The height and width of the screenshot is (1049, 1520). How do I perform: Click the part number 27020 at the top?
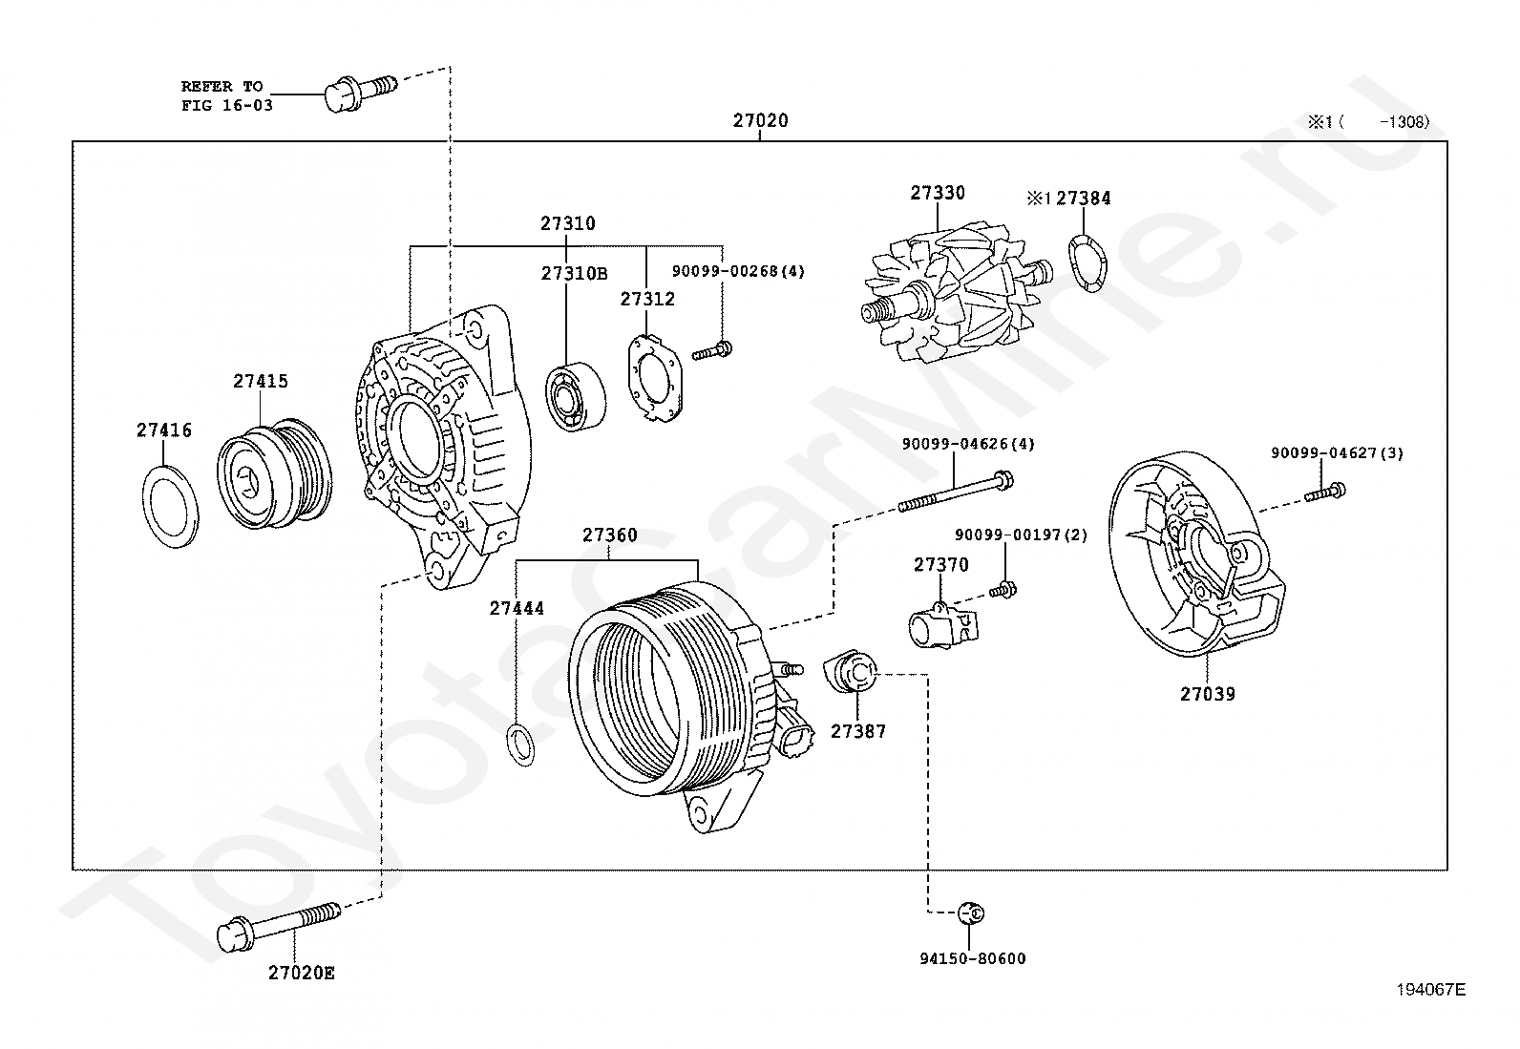click(x=760, y=121)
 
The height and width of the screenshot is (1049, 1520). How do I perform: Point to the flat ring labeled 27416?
click(x=171, y=506)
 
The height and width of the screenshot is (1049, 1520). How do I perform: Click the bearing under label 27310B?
click(x=577, y=397)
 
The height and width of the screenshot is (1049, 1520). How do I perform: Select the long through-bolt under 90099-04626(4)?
click(x=954, y=491)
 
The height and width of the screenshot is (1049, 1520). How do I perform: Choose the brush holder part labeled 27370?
click(x=939, y=628)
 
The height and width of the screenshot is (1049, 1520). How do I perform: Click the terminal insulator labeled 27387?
click(x=849, y=670)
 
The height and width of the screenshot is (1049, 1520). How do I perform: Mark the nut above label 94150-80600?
click(x=971, y=913)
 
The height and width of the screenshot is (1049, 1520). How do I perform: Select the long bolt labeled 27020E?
click(x=278, y=923)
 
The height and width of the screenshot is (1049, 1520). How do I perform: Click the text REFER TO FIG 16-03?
click(x=226, y=95)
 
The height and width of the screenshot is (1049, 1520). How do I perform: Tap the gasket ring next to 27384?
click(x=1087, y=260)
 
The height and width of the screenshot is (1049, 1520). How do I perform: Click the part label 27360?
click(x=609, y=535)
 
